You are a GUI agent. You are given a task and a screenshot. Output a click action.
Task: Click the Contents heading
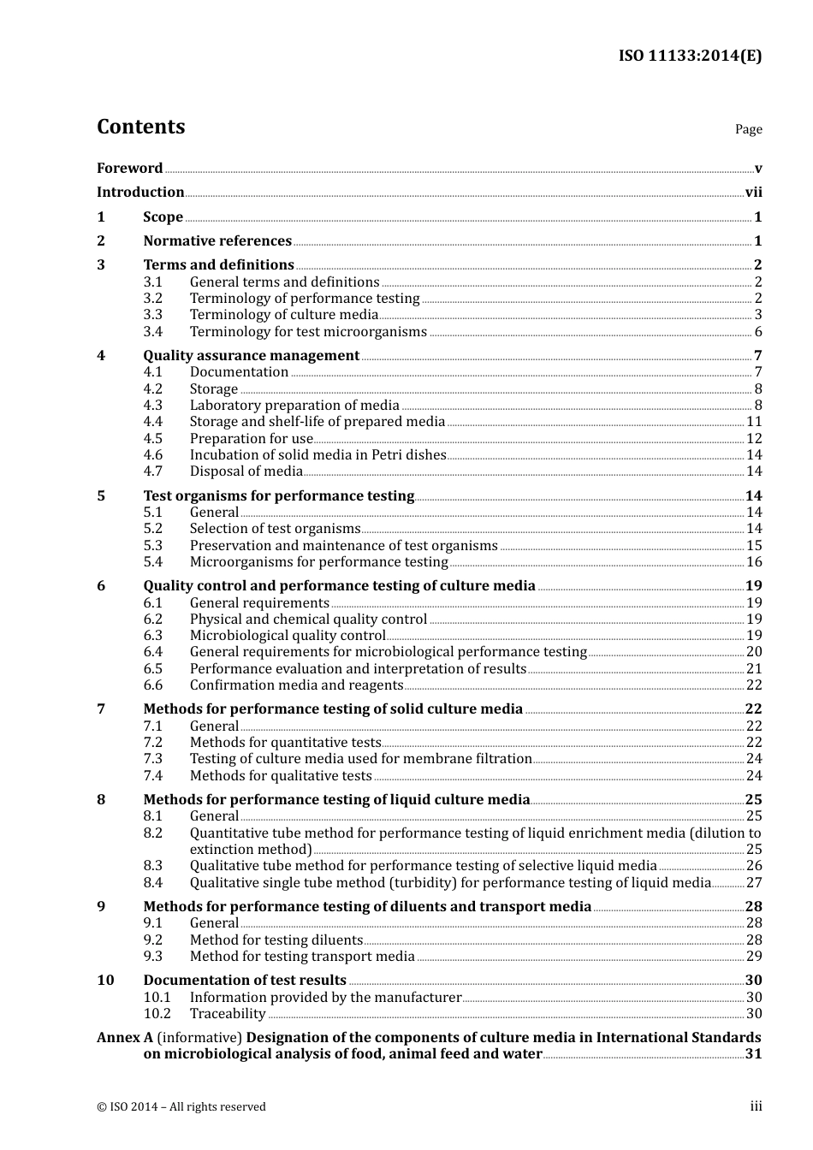(x=140, y=127)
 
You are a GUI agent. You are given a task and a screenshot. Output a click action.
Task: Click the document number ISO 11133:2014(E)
(x=690, y=56)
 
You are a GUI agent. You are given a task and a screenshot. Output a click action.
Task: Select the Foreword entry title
(x=129, y=169)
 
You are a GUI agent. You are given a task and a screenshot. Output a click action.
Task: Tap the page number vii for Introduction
(x=753, y=193)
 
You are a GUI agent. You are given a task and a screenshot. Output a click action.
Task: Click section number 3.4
(x=152, y=332)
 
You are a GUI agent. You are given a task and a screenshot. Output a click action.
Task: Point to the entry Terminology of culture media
(x=283, y=315)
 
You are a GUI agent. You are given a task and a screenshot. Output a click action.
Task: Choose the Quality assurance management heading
(x=251, y=356)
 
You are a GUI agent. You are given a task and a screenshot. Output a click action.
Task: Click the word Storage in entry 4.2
(x=213, y=389)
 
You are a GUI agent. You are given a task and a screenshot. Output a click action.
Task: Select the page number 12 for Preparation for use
(x=754, y=439)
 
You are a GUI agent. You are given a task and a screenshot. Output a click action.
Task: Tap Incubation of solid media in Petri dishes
(x=317, y=455)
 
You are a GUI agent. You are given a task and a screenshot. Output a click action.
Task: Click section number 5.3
(x=152, y=546)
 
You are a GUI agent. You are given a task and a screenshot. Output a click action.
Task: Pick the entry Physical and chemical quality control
(x=308, y=619)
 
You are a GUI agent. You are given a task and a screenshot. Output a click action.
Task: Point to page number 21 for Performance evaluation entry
(x=754, y=669)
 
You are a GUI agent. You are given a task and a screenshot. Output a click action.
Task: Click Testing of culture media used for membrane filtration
(x=360, y=759)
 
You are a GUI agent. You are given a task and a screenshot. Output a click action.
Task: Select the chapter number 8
(x=101, y=800)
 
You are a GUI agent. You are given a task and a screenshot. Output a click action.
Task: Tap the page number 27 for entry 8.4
(x=754, y=883)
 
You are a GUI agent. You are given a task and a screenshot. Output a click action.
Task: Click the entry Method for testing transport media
(x=302, y=957)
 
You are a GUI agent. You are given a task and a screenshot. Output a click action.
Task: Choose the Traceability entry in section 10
(x=228, y=1014)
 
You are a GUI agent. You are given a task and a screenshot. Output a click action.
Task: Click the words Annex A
(x=124, y=1038)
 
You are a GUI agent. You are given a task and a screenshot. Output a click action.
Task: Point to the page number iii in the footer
(x=756, y=1106)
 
